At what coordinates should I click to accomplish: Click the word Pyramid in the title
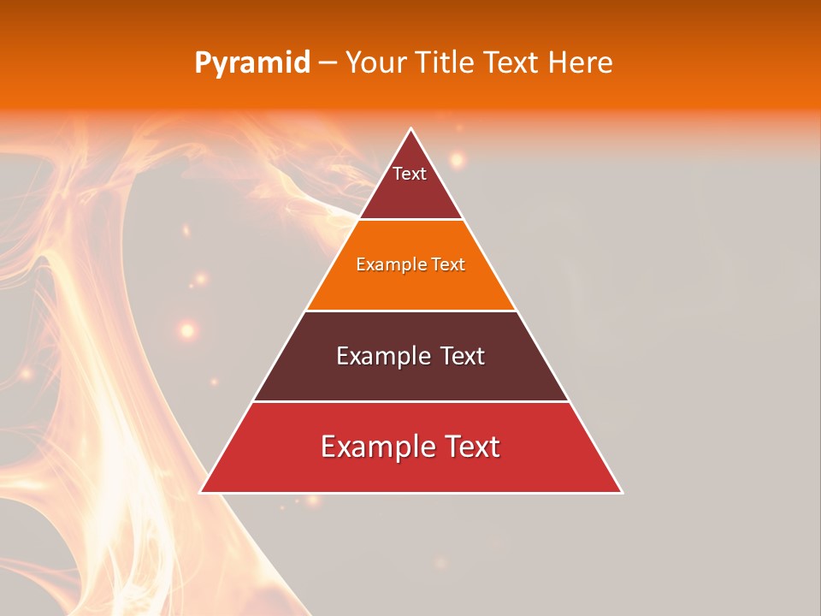tap(251, 63)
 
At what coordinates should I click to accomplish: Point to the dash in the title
tap(327, 63)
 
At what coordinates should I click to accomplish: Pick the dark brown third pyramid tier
tap(410, 376)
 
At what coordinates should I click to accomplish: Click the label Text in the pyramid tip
tap(410, 174)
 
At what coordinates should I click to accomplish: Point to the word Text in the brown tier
tap(462, 356)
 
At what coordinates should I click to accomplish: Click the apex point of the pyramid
tap(410, 129)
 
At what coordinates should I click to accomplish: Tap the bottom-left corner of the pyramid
tap(200, 492)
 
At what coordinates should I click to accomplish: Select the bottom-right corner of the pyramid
tap(622, 492)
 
